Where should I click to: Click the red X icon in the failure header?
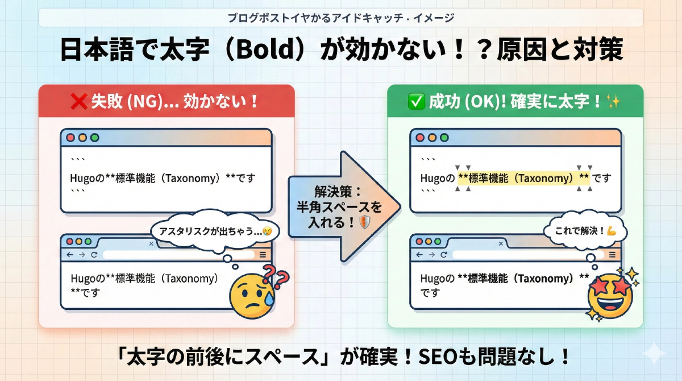78,102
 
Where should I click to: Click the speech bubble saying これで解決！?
585,232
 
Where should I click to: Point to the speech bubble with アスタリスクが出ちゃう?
210,232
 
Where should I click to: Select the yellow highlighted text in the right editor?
524,178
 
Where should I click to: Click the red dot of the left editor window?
70,138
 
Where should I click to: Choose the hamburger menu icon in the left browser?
262,255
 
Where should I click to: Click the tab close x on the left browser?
151,243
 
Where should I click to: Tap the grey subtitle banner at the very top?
341,18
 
